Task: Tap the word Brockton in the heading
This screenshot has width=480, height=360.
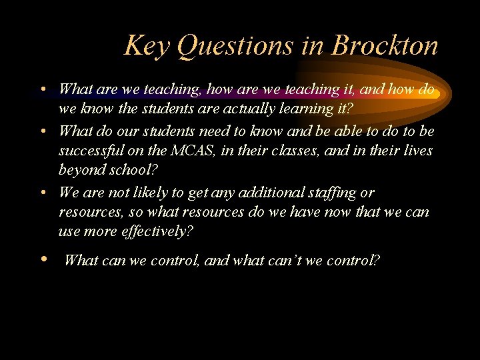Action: pos(385,46)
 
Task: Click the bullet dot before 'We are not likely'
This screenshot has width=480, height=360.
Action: pos(43,193)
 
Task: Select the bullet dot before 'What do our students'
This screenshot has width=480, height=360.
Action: pos(43,131)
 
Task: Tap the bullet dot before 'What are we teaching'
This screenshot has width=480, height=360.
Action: pos(43,89)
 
